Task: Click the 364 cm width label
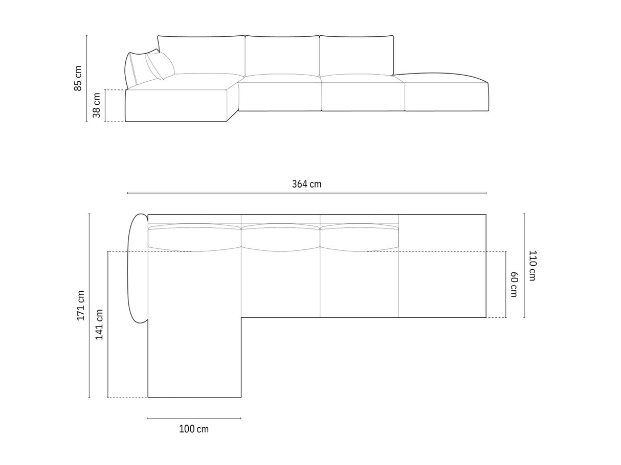tap(307, 184)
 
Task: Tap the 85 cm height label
tap(78, 78)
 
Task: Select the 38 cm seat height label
tap(97, 105)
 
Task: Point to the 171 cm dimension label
tap(81, 305)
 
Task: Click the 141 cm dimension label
tap(99, 324)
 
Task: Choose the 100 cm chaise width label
tap(194, 429)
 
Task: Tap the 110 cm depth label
tap(533, 265)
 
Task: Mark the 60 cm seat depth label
tap(514, 284)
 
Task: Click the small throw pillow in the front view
tap(160, 65)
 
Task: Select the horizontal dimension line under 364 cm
tap(307, 193)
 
